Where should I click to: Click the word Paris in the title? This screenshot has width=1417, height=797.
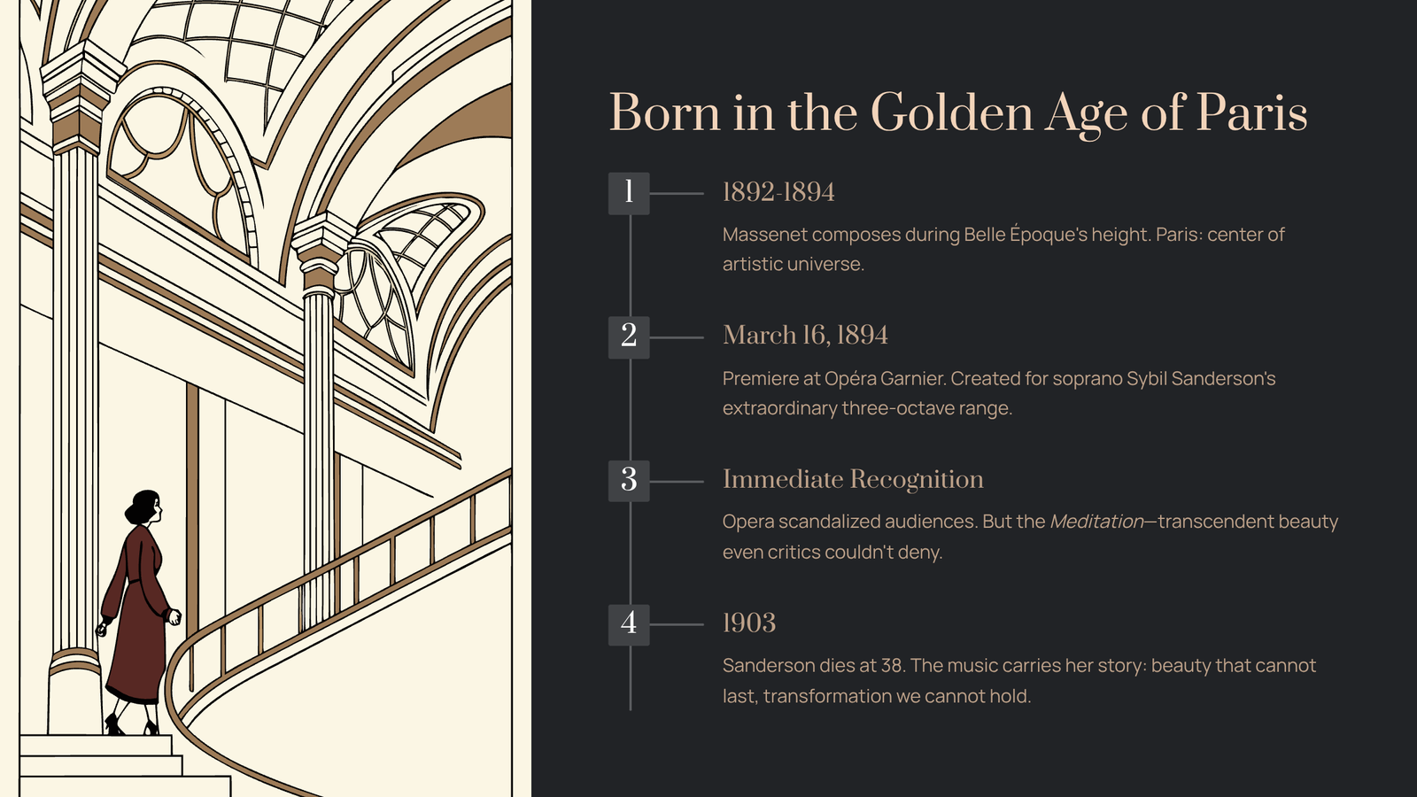click(1251, 112)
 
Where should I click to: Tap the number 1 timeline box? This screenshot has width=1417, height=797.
click(629, 193)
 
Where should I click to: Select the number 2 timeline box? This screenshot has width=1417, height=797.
click(629, 337)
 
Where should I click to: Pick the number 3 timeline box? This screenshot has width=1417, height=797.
click(629, 481)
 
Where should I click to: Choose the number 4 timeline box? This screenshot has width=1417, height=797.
click(629, 624)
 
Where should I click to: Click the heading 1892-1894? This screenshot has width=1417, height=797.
click(778, 192)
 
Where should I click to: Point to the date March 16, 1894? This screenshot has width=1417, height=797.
click(805, 336)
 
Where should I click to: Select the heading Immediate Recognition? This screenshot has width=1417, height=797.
click(853, 479)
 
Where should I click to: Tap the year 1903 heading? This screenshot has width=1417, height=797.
click(749, 623)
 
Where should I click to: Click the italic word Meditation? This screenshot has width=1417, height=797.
click(1096, 522)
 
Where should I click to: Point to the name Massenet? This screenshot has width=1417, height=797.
click(765, 235)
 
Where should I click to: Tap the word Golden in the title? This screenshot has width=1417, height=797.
click(952, 112)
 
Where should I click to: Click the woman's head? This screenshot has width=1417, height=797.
click(144, 507)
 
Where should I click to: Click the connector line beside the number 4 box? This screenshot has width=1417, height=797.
click(677, 624)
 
